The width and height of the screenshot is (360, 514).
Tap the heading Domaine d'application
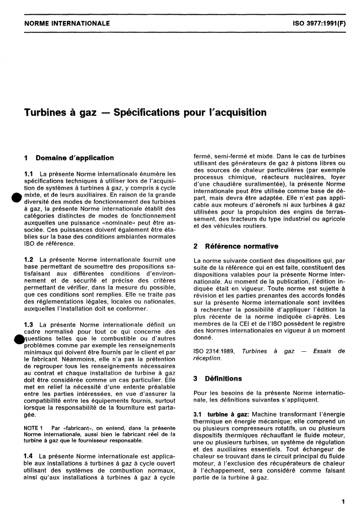click(x=75, y=158)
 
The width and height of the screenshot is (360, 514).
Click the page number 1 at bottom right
click(x=342, y=500)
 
